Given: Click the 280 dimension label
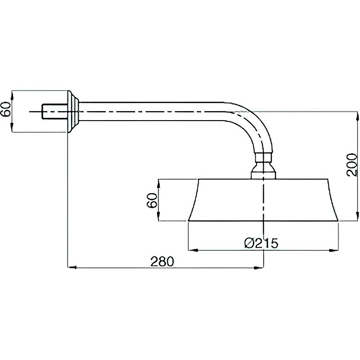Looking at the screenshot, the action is [162, 261].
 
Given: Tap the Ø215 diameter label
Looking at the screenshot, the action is [261, 243].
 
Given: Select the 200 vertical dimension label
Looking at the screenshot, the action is [352, 165].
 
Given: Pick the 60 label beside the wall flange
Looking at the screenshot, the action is [6, 109].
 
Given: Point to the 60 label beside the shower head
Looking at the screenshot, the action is [152, 200].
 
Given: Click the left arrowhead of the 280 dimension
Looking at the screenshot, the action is [72, 267].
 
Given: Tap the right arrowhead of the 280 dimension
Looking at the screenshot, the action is [260, 267].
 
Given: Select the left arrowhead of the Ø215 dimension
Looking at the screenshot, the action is [193, 250].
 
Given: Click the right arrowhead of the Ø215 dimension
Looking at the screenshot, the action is [334, 250].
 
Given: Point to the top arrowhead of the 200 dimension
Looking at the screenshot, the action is [357, 116].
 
